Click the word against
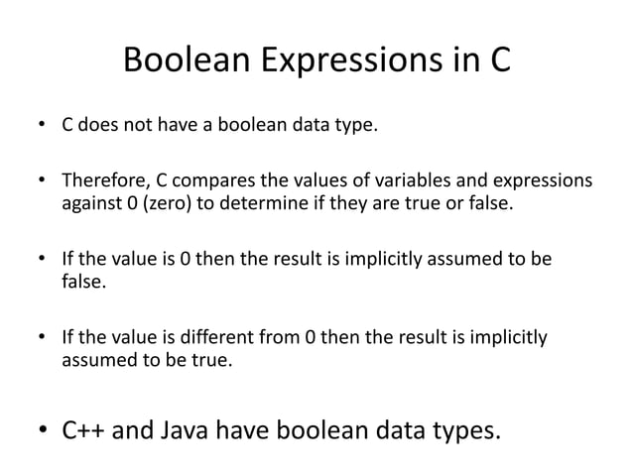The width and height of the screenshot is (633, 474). pos(92,204)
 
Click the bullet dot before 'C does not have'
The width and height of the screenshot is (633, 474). pos(42,127)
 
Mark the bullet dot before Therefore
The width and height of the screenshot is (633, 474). pos(42,181)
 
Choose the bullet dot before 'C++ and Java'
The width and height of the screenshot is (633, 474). pos(42,431)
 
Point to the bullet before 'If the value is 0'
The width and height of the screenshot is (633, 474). pos(42,260)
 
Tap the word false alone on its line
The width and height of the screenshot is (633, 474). pos(81,283)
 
